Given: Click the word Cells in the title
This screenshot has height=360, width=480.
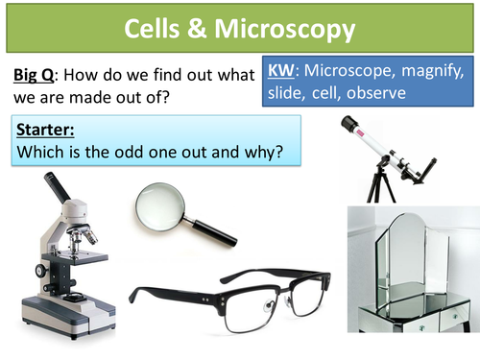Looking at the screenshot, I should point(158,30).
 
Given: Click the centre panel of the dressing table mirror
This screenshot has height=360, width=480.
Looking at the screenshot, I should point(410,253).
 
